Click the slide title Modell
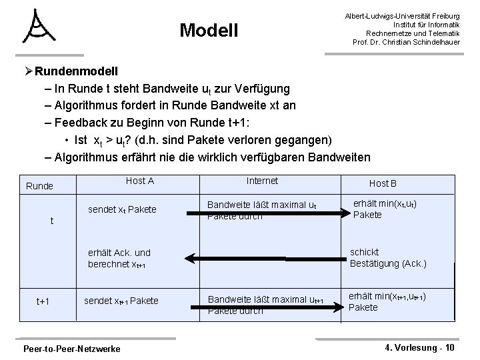(x=209, y=30)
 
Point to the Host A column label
(x=140, y=181)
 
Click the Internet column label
(x=262, y=181)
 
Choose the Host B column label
(x=383, y=183)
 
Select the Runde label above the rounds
(x=39, y=186)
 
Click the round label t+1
(x=43, y=301)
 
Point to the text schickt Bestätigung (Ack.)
(x=388, y=257)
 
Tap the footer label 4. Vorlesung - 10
(x=421, y=347)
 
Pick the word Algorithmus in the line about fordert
(x=89, y=105)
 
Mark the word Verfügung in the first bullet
(x=263, y=88)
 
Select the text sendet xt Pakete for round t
(x=122, y=209)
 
